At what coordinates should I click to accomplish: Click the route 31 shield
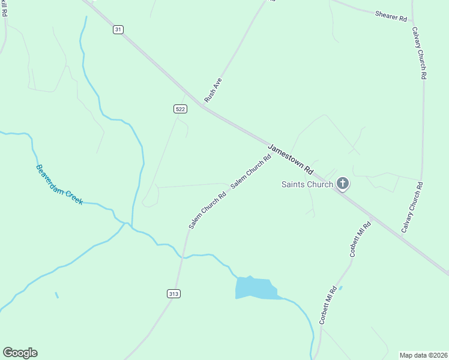tap(118, 29)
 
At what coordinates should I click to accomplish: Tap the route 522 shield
tap(181, 109)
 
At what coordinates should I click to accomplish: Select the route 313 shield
tap(173, 293)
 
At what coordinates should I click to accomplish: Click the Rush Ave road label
tap(213, 89)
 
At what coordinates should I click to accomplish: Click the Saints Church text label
tap(307, 184)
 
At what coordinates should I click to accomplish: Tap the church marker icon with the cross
tap(343, 183)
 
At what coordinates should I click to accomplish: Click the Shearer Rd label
tap(391, 16)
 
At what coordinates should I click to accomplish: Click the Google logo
tap(20, 353)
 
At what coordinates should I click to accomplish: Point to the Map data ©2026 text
tap(423, 355)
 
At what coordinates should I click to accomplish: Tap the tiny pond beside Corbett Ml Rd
tap(340, 288)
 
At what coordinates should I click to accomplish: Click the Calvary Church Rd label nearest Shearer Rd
tap(420, 53)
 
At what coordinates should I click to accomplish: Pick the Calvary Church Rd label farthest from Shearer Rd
tap(412, 207)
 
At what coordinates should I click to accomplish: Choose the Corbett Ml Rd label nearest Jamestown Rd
tap(360, 239)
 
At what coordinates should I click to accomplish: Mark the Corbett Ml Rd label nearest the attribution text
tap(328, 305)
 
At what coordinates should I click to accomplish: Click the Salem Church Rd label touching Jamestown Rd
tap(251, 171)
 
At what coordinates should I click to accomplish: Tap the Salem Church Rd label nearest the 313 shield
tap(207, 210)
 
